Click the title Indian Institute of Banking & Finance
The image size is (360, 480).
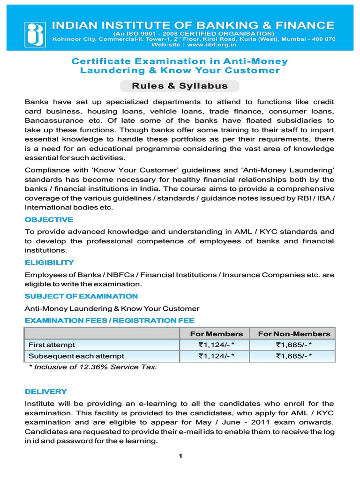[193, 25]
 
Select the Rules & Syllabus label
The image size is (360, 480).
[180, 86]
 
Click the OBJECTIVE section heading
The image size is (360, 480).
[49, 219]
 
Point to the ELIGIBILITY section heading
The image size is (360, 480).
[49, 262]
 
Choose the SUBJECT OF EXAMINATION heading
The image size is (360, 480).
[81, 296]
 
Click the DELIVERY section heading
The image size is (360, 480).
[45, 391]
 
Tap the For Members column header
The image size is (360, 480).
[216, 334]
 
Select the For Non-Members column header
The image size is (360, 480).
[294, 334]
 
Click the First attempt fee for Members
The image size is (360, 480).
[216, 345]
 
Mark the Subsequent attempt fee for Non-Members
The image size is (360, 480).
[294, 356]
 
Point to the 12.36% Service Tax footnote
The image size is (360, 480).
[93, 367]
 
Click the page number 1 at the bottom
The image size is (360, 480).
[180, 457]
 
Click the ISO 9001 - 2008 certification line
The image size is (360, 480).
[193, 34]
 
